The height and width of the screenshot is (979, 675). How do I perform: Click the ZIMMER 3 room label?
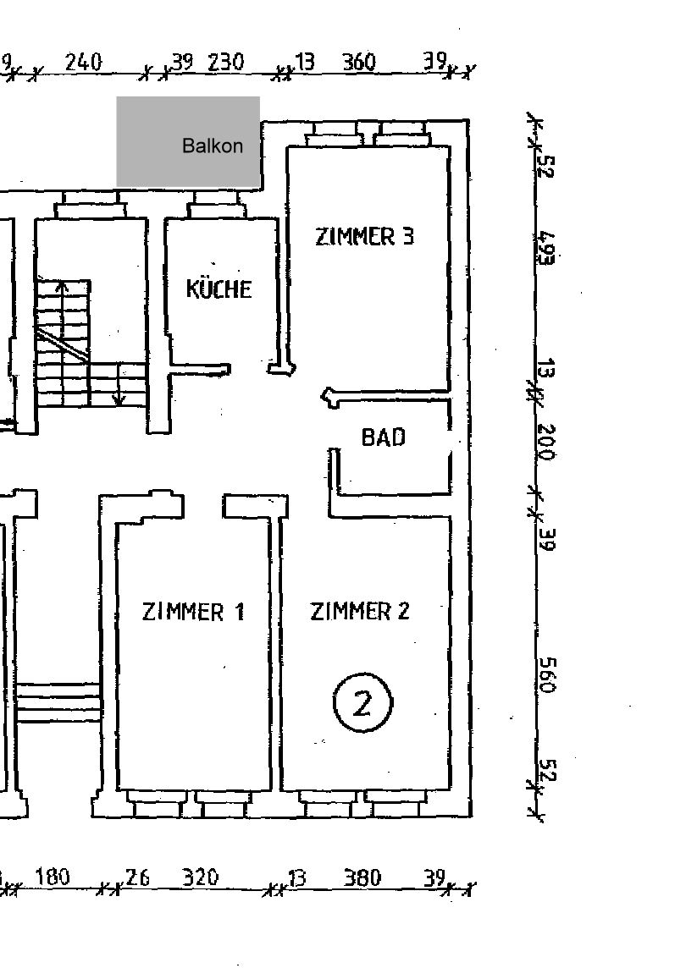coord(364,237)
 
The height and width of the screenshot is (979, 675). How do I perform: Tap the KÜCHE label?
coord(219,289)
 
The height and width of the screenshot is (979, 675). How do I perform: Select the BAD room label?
coord(383,437)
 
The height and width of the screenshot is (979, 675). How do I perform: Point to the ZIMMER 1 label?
coord(193,611)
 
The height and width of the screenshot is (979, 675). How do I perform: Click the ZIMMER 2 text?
coord(360,611)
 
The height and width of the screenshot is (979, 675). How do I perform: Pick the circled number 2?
coord(362,702)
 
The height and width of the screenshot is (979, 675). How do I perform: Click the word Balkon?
coord(213,146)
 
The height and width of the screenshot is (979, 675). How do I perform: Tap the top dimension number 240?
coord(83,62)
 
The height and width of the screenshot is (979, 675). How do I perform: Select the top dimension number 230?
coord(225,62)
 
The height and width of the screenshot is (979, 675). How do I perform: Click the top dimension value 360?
coord(359,62)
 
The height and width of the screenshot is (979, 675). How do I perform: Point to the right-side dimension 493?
coord(545,249)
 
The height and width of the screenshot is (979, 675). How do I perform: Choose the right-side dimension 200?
coord(546,442)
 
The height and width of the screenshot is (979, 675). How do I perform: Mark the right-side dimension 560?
coord(547,675)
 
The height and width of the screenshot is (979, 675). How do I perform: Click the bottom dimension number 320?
coord(200,877)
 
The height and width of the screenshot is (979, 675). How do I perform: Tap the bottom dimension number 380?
coord(362,877)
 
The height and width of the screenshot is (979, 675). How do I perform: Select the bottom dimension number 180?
coord(52,877)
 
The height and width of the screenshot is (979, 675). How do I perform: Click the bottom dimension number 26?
coord(137,877)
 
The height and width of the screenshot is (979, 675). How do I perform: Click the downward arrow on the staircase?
coord(119,385)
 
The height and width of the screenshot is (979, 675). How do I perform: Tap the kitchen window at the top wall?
coord(216,204)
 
